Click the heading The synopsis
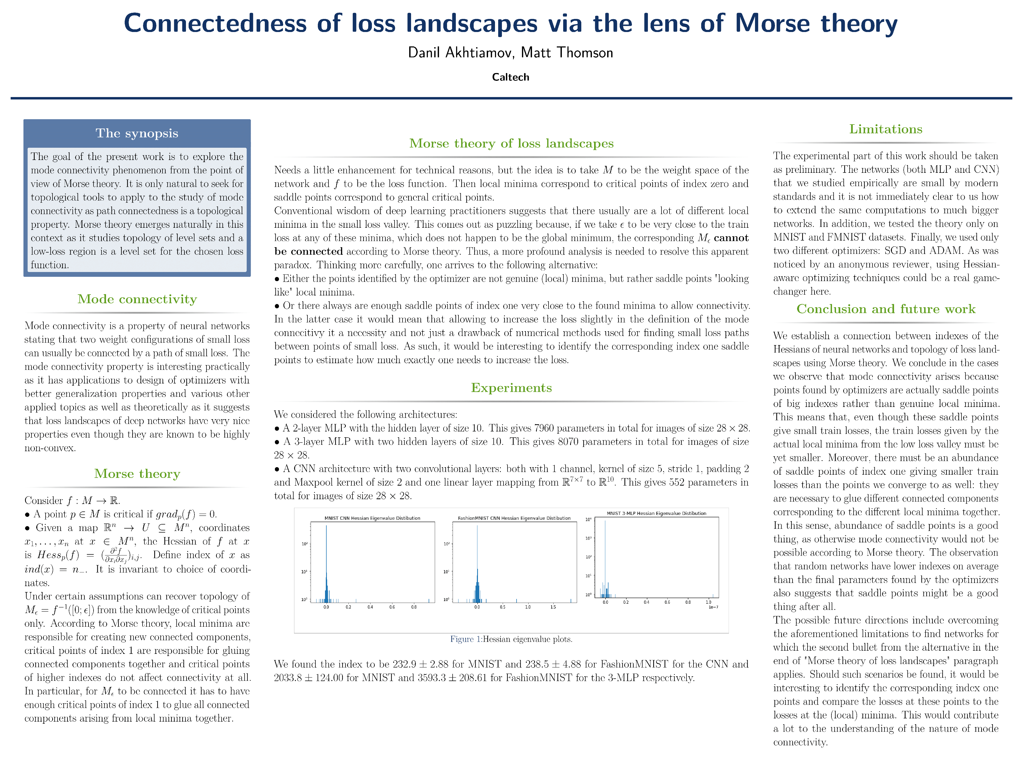(137, 133)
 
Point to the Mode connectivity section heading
(137, 299)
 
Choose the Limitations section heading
(886, 129)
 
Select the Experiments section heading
(511, 388)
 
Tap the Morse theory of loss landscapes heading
(511, 143)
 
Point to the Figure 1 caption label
(465, 639)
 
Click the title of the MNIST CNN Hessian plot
(372, 518)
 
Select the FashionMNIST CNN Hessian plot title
(514, 518)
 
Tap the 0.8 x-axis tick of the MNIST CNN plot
(413, 607)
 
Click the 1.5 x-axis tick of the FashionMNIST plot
(553, 607)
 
